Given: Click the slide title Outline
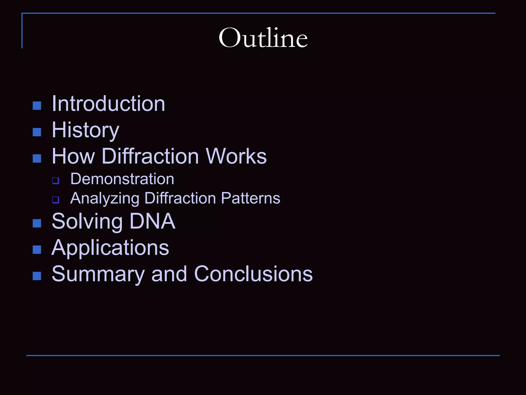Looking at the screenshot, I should (x=263, y=38).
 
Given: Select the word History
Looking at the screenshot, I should (x=86, y=130).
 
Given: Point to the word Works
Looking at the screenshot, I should (x=236, y=156).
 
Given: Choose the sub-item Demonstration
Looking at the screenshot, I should (x=122, y=179).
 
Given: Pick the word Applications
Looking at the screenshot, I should (x=110, y=248).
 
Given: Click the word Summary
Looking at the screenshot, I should (x=98, y=274).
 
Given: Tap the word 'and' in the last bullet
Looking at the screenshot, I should (x=169, y=274).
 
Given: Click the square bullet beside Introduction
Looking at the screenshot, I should (x=37, y=106).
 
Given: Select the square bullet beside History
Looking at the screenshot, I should (x=37, y=132).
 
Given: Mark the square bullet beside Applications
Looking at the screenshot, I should (x=37, y=250).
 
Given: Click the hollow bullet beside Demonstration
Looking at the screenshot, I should (x=55, y=181).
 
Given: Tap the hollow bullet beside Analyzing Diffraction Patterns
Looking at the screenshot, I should (x=55, y=200).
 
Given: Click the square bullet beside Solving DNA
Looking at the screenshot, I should (x=37, y=223).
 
